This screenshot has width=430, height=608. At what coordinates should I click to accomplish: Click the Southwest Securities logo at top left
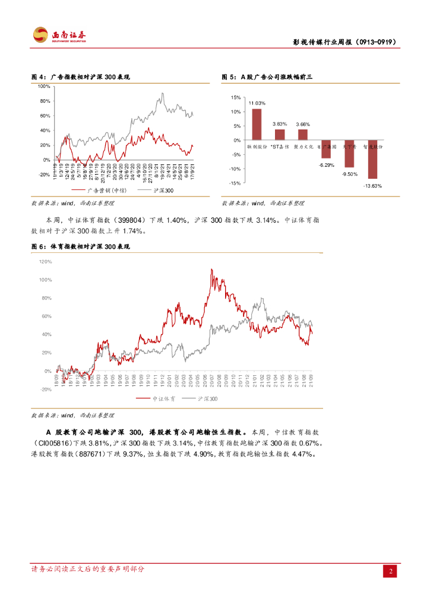pos(59,35)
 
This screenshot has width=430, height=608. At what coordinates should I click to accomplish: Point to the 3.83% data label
pos(280,123)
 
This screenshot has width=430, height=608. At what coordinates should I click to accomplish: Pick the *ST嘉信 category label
pos(279,145)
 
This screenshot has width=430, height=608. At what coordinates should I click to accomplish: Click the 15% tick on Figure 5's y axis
pos(236,97)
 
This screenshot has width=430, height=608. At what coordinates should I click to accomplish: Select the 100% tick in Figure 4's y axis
pos(44,86)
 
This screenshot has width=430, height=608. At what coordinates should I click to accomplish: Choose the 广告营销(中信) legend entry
pos(105,191)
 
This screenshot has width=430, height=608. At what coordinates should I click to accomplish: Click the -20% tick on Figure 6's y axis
pos(46,389)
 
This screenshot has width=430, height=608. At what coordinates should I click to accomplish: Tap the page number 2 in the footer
pos(391,572)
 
